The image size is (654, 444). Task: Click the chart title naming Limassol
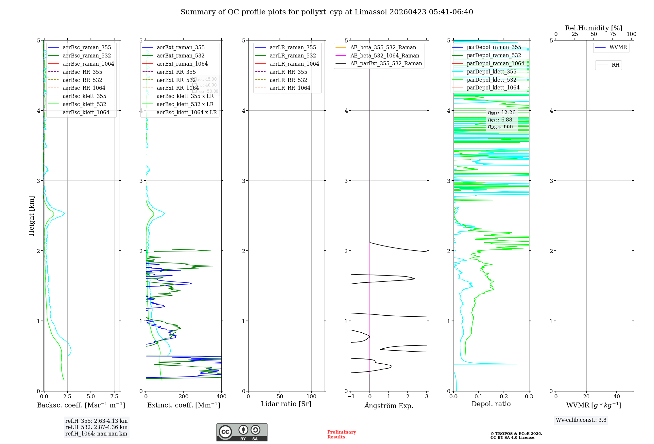pos(327,12)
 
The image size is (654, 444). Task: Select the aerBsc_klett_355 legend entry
pos(84,96)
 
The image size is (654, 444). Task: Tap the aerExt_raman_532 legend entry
pos(181,55)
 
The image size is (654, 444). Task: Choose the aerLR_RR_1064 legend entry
pos(290,88)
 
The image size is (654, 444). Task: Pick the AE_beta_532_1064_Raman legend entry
pos(385,55)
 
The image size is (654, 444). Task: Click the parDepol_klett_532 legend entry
pos(491,80)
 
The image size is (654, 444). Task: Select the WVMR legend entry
pos(618,47)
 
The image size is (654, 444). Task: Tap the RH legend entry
pos(615,65)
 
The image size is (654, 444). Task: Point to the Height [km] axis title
pos(31,215)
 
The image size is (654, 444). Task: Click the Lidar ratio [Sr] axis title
pos(286,404)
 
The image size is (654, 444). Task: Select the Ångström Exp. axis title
pos(389,405)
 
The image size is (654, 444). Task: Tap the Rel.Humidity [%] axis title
pos(594,28)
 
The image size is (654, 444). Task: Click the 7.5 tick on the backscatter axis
pos(114,396)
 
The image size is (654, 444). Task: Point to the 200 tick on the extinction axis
pos(184,396)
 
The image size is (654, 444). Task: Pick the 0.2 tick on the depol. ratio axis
pos(504,396)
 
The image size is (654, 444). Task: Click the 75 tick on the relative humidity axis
pos(612,34)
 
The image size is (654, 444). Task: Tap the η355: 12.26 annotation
pos(502,113)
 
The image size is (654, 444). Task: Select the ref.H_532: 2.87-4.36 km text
pos(96,427)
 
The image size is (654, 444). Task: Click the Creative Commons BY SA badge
pos(242,432)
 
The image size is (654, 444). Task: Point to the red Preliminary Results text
pos(341,434)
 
